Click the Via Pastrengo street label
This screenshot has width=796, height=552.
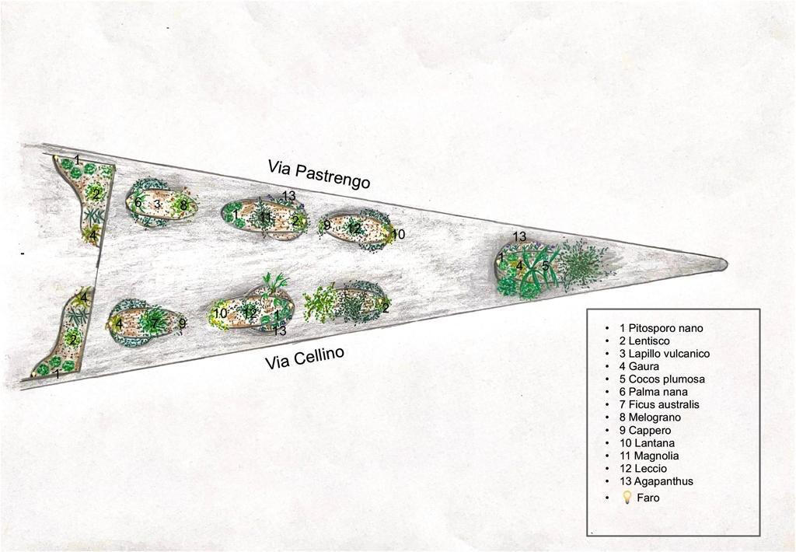pyautogui.click(x=319, y=175)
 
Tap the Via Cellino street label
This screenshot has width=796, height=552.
pyautogui.click(x=305, y=357)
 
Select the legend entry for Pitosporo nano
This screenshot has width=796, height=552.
pyautogui.click(x=662, y=328)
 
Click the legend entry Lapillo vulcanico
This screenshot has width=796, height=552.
pyautogui.click(x=665, y=354)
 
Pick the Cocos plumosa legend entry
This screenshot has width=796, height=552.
pyautogui.click(x=662, y=379)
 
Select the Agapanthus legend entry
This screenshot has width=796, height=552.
pyautogui.click(x=656, y=481)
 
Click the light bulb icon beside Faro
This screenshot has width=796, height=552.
pyautogui.click(x=627, y=497)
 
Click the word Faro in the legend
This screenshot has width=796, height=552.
pyautogui.click(x=648, y=498)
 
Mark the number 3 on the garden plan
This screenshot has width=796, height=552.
pyautogui.click(x=157, y=204)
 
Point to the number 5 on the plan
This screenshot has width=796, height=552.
pyautogui.click(x=545, y=265)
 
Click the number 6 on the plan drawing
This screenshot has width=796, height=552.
pyautogui.click(x=138, y=203)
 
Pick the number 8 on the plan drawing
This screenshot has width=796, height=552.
pyautogui.click(x=183, y=205)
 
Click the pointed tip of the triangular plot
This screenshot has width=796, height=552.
pyautogui.click(x=727, y=264)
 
